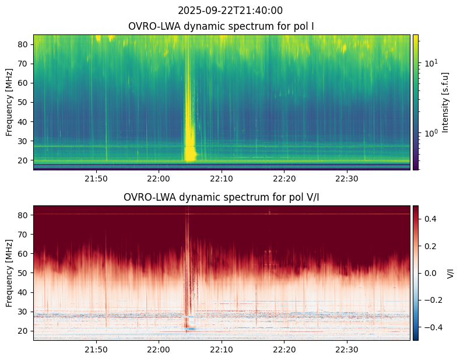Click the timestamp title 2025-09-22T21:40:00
coord(230,11)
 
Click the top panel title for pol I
coord(221,26)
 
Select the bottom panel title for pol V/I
coord(221,197)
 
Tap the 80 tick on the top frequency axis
coord(23,44)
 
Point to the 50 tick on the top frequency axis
coord(23,103)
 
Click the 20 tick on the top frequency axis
coord(23,160)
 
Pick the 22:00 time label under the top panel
coord(159,179)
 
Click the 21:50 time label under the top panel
coord(96,179)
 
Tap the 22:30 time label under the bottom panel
coord(347,349)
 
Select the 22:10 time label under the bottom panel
coord(222,349)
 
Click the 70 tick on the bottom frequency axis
coord(23,235)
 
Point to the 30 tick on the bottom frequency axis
coord(23,312)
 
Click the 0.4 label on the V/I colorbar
coord(430,219)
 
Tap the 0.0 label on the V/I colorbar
coord(430,273)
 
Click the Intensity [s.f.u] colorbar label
coord(445,103)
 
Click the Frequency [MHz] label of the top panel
coord(9,103)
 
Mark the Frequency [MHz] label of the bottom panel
coord(9,274)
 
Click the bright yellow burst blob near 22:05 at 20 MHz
coord(190,153)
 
